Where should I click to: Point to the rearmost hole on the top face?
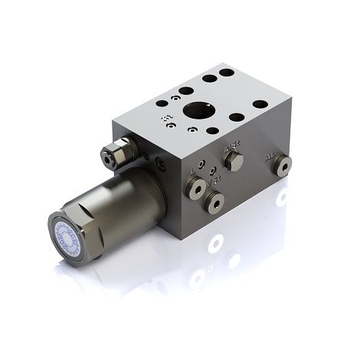point(226,74)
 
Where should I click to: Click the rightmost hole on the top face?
point(260,103)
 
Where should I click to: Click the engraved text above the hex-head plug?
point(230,143)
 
